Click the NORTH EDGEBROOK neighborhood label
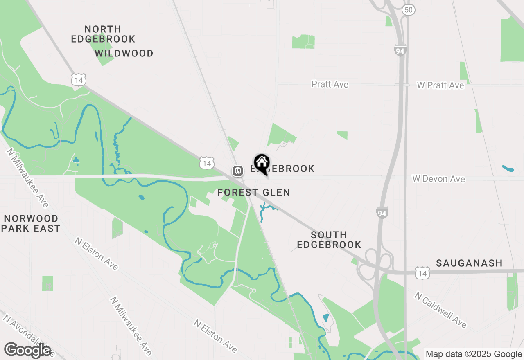(x=103, y=34)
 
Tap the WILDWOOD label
(x=124, y=53)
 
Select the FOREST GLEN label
(x=254, y=192)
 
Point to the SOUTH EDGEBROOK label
(x=329, y=240)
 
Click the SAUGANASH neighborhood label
(x=469, y=263)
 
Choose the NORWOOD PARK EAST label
(x=31, y=223)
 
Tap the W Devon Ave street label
(x=438, y=179)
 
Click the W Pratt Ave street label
(x=440, y=85)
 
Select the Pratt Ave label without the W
(x=330, y=84)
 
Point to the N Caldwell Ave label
(x=440, y=310)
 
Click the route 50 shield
(x=408, y=10)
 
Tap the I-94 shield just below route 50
(x=400, y=50)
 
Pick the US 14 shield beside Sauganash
(x=422, y=273)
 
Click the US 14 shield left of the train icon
(x=207, y=163)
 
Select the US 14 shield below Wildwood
(x=78, y=80)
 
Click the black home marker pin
(x=262, y=164)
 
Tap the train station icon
(x=237, y=171)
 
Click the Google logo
(x=27, y=350)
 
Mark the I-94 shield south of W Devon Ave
(x=382, y=212)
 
